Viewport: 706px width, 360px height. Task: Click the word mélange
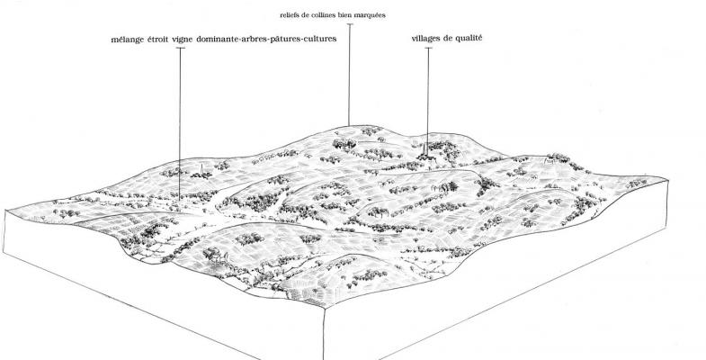click(x=128, y=40)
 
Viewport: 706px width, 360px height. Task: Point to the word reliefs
click(x=290, y=15)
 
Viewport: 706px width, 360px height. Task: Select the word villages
click(x=426, y=39)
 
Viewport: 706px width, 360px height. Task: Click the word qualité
click(x=469, y=39)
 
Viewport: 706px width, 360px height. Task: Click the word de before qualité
click(x=449, y=39)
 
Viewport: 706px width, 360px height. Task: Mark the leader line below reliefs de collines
click(x=349, y=75)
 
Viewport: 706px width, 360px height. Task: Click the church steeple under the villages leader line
click(x=425, y=149)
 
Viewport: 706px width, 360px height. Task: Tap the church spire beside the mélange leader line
click(x=201, y=169)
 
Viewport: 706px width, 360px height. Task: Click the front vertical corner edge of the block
click(x=325, y=334)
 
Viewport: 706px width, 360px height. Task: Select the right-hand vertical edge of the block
click(x=667, y=203)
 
